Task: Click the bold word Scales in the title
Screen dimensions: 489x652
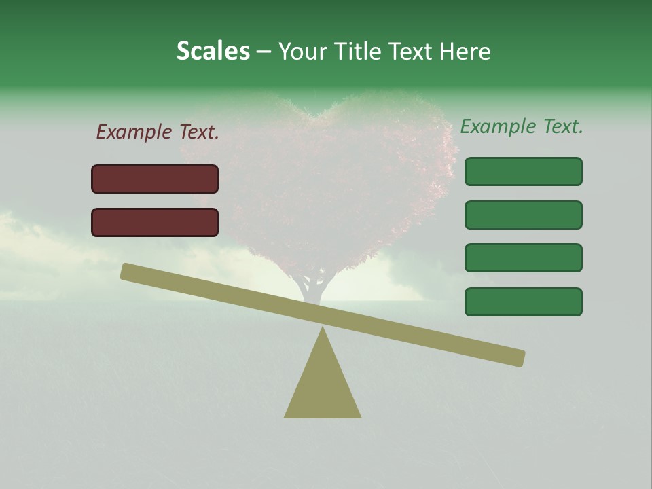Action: click(213, 51)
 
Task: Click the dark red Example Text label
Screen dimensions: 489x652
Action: click(158, 132)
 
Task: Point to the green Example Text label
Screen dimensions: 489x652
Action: click(522, 126)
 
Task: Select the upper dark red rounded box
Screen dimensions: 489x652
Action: click(155, 179)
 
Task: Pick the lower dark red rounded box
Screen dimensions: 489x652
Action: click(155, 222)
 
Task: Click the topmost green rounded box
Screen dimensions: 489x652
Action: click(523, 171)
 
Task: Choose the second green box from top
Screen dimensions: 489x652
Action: click(523, 215)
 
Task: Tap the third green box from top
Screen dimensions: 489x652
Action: click(523, 257)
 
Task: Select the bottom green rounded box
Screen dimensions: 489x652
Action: click(523, 302)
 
